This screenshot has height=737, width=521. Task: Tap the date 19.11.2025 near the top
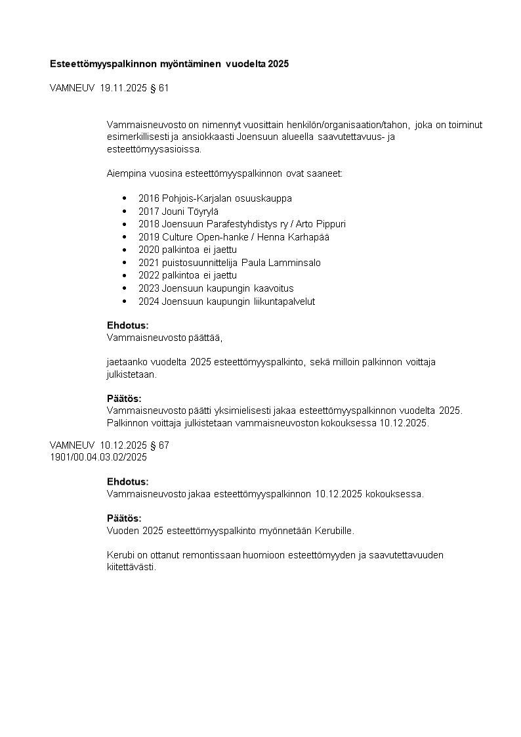(123, 88)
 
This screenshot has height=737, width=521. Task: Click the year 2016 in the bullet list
(149, 198)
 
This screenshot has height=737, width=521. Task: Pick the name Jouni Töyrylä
(190, 211)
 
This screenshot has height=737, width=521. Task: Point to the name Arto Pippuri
(320, 224)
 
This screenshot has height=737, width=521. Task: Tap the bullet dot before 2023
(125, 288)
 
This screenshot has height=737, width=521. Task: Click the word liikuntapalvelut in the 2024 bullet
(284, 301)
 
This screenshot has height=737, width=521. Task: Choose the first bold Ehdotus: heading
(127, 325)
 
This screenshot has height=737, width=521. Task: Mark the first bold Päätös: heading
(124, 398)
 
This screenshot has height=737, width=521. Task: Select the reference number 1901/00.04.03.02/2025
(98, 457)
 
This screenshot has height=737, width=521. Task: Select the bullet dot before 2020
(125, 250)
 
